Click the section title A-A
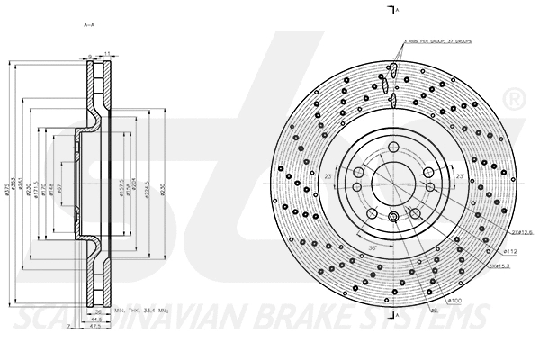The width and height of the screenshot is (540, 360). click(x=89, y=25)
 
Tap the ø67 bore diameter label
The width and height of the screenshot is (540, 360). click(x=60, y=190)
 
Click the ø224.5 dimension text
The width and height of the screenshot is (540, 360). click(x=148, y=190)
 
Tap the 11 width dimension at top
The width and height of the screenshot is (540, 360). click(x=105, y=56)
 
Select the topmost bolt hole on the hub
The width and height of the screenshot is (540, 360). click(x=393, y=148)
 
